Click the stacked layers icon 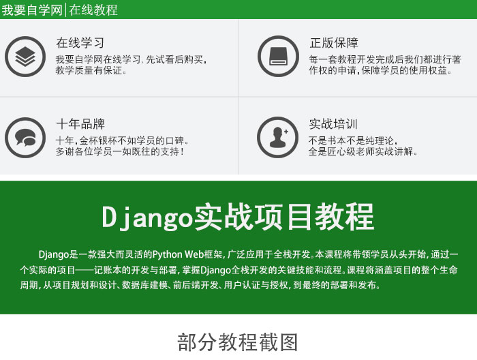coord(25,57)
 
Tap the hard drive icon coord(278,57)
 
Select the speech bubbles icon coord(25,138)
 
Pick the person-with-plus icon coord(278,138)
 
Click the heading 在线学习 coord(80,42)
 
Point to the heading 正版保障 coord(334,42)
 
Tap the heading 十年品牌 coord(80,124)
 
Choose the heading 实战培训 coord(333,124)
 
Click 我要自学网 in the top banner coord(32,10)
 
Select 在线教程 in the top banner coord(93,10)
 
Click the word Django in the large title coord(147,217)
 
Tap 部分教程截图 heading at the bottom coord(238,342)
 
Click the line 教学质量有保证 coord(91,70)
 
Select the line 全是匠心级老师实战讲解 coord(363,151)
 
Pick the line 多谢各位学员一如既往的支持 coord(120,151)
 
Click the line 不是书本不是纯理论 coord(353,140)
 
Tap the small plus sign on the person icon coord(286,132)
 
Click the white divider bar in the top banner coord(65,10)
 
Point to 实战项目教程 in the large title coord(284,217)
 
